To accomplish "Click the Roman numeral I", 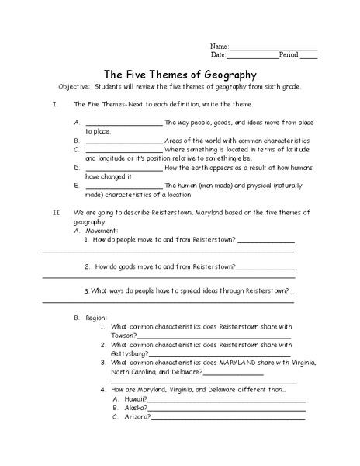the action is (33, 104).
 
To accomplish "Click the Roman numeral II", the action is (35, 211).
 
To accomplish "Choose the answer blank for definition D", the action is (124, 168).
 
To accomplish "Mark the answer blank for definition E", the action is (124, 186).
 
